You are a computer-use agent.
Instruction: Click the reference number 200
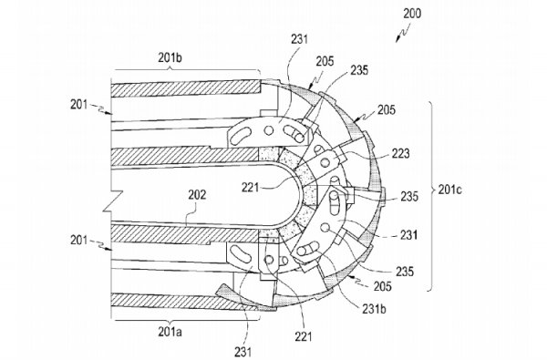[x=412, y=14]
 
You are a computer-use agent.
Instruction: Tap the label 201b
[x=170, y=58]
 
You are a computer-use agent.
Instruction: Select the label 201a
[x=170, y=332]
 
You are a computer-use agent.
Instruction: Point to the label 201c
[x=450, y=190]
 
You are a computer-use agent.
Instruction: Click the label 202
[x=197, y=195]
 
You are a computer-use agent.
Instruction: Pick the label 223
[x=400, y=153]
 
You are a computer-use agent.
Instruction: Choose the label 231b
[x=375, y=309]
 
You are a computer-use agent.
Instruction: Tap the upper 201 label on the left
[x=79, y=104]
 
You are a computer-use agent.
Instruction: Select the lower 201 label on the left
[x=79, y=241]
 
